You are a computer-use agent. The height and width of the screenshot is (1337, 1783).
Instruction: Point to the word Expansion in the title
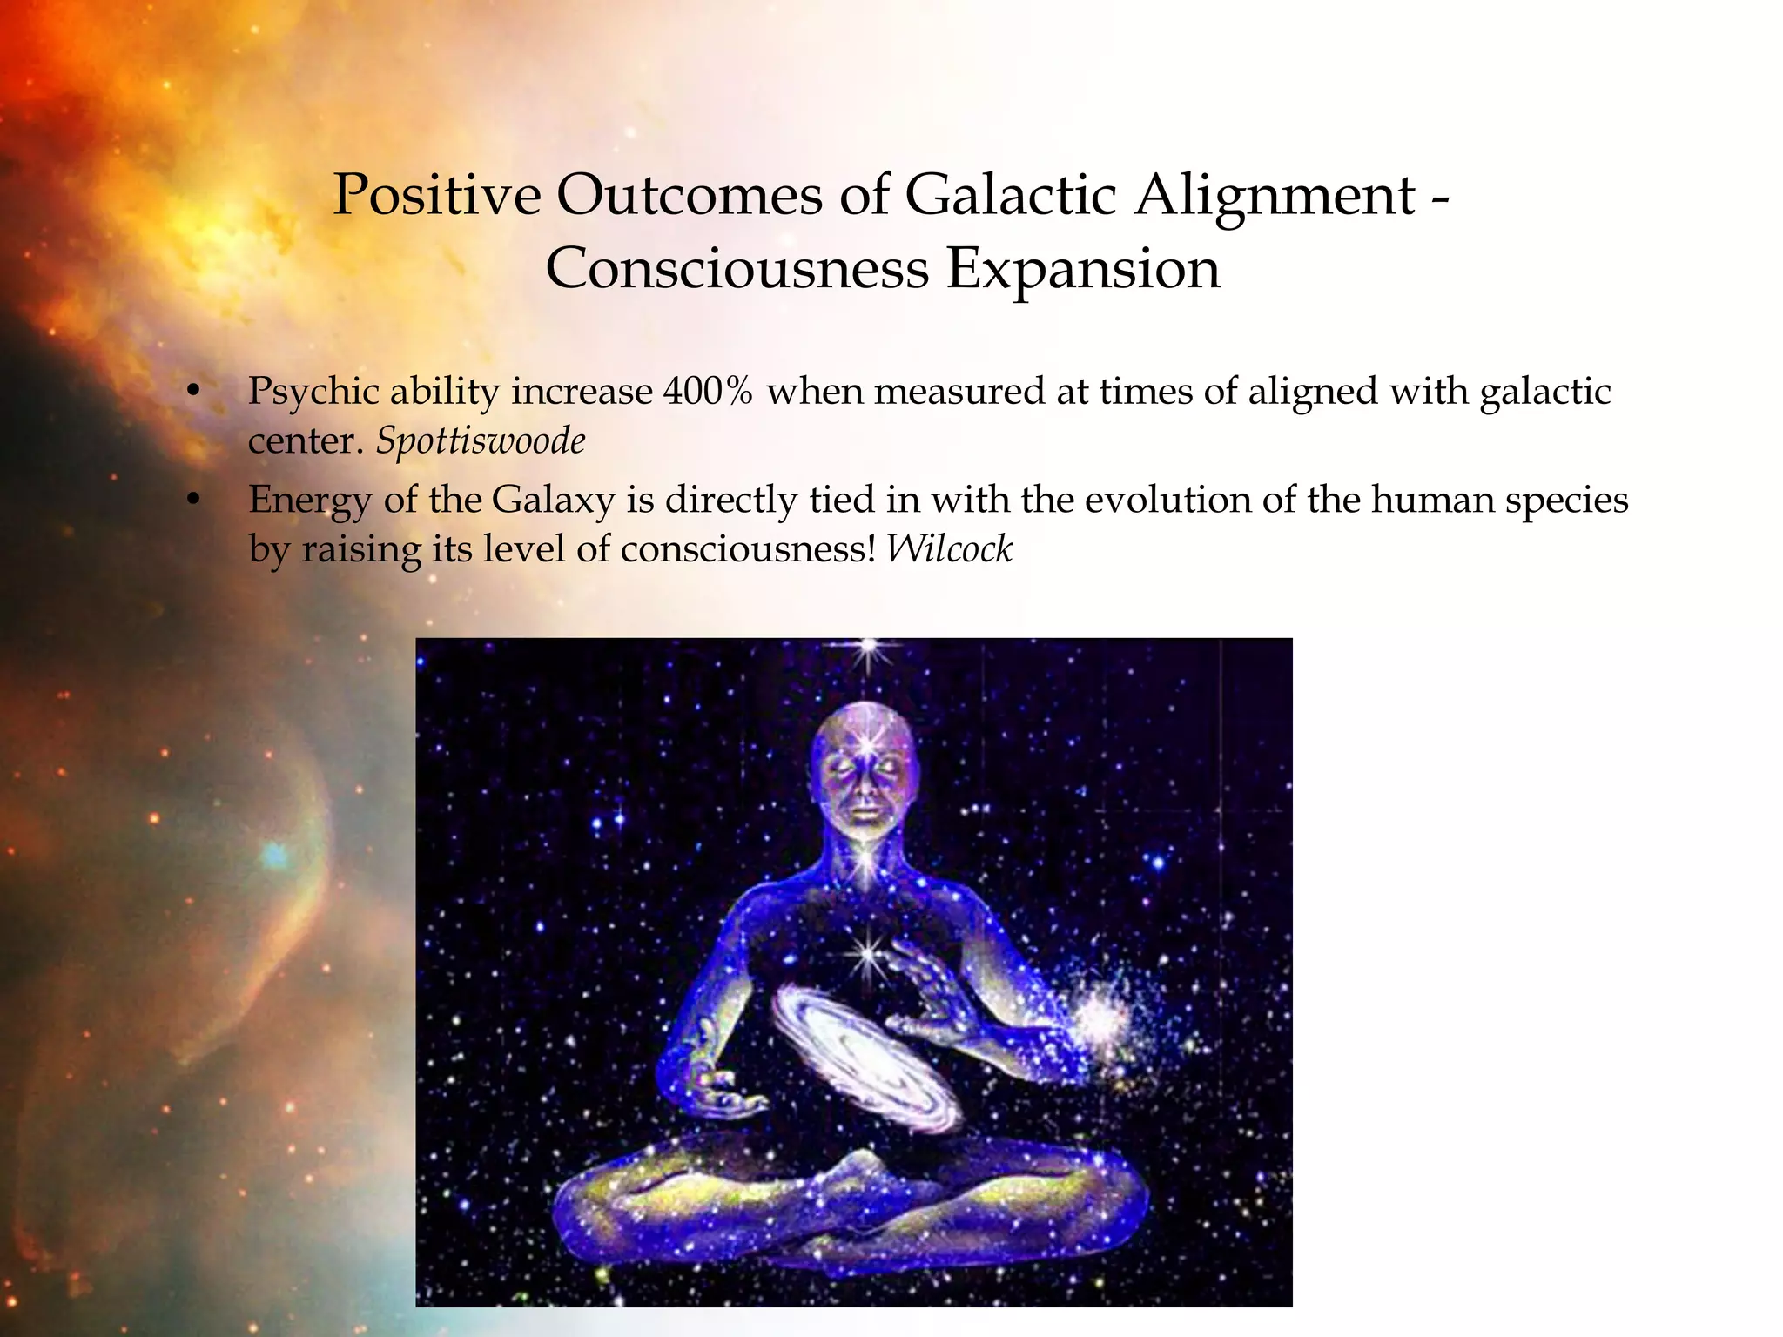(x=1083, y=270)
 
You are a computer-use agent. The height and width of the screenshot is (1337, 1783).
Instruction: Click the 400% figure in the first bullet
(x=708, y=391)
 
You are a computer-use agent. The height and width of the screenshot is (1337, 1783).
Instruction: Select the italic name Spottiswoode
(x=480, y=440)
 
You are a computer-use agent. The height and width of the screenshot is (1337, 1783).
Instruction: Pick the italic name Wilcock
(x=949, y=549)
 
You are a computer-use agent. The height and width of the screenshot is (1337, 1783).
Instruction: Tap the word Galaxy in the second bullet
(x=553, y=501)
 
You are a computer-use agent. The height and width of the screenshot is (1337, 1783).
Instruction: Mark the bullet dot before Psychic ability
(x=194, y=393)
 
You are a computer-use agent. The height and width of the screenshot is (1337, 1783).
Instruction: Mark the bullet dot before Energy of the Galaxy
(x=194, y=501)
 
